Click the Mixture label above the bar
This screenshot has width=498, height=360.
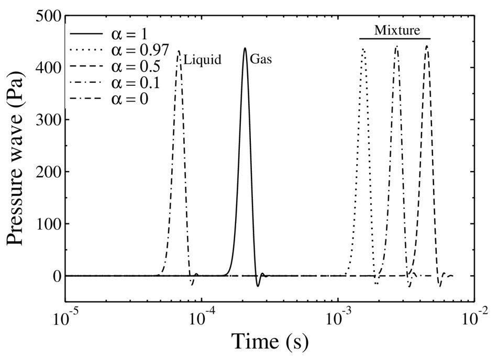pos(396,30)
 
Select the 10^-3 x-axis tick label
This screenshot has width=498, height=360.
pos(338,317)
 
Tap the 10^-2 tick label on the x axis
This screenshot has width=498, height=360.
pos(474,317)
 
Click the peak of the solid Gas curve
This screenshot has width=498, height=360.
pos(245,48)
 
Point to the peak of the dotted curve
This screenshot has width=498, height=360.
pos(363,49)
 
